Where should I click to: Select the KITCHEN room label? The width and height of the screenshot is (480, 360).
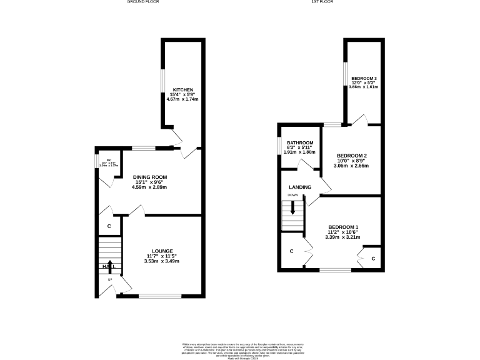click(183, 89)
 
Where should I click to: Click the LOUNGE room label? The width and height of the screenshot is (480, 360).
click(161, 251)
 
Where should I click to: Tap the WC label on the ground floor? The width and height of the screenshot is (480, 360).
click(108, 159)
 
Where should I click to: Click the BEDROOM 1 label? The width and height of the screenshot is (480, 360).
click(343, 227)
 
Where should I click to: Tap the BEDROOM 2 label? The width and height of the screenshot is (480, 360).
click(351, 156)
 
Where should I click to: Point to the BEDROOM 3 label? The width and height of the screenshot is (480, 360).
click(363, 77)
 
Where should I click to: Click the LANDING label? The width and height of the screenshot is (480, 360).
click(300, 187)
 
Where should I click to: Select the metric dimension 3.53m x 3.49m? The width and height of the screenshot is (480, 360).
click(161, 261)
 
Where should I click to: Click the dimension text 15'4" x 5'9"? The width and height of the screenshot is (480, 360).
click(183, 94)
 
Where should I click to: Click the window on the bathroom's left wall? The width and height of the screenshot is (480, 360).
click(279, 145)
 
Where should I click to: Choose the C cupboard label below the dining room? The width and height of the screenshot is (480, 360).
click(109, 226)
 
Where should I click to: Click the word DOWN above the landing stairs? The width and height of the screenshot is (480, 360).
click(292, 196)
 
